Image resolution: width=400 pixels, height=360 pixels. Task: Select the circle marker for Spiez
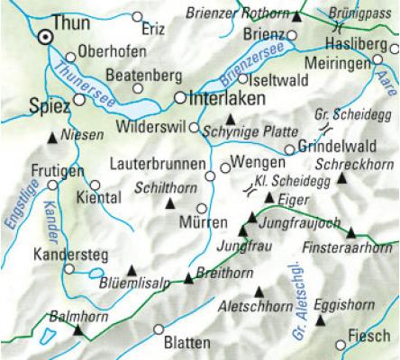click(79, 100)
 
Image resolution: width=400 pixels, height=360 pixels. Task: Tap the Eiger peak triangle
click(268, 196)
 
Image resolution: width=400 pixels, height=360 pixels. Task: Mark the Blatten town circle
click(159, 329)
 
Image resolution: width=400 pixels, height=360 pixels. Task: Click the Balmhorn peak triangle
click(77, 332)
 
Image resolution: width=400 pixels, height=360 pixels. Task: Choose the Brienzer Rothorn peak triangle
click(297, 15)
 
